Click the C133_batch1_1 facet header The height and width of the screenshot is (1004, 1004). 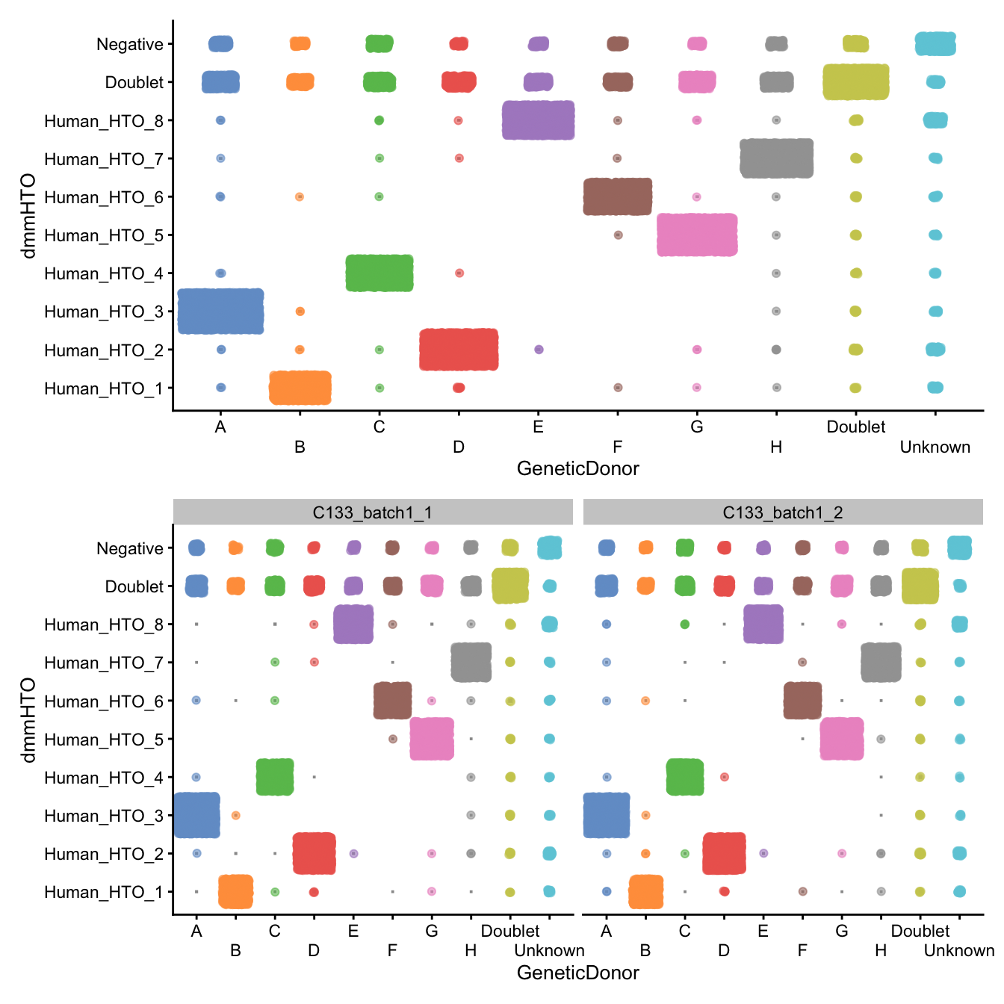373,512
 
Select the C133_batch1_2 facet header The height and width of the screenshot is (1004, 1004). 782,512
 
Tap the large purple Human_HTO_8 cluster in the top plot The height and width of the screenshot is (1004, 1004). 538,120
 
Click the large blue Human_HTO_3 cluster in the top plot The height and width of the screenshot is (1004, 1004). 220,311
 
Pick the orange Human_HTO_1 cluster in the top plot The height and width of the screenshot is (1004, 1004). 300,388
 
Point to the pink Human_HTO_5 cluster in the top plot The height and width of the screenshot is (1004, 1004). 697,235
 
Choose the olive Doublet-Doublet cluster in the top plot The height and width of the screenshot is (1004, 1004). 855,81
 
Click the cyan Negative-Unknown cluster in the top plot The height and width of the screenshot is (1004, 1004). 935,43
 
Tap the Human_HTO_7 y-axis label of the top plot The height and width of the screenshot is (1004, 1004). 103,159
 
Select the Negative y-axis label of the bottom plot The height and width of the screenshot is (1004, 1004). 130,548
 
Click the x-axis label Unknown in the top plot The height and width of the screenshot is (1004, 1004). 935,447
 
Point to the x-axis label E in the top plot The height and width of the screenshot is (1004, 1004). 538,427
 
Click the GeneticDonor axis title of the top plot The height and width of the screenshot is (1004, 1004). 577,468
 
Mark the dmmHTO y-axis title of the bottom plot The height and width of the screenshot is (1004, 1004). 28,720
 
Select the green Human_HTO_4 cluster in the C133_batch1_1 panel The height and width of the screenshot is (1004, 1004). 275,777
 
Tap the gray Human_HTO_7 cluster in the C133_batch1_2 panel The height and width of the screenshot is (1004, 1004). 881,662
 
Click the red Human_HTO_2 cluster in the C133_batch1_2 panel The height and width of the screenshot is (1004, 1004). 724,853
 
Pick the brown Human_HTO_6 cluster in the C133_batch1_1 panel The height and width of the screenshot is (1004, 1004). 392,701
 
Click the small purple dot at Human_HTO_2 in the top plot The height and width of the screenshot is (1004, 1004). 539,350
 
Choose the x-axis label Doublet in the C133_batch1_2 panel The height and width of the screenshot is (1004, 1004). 920,931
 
